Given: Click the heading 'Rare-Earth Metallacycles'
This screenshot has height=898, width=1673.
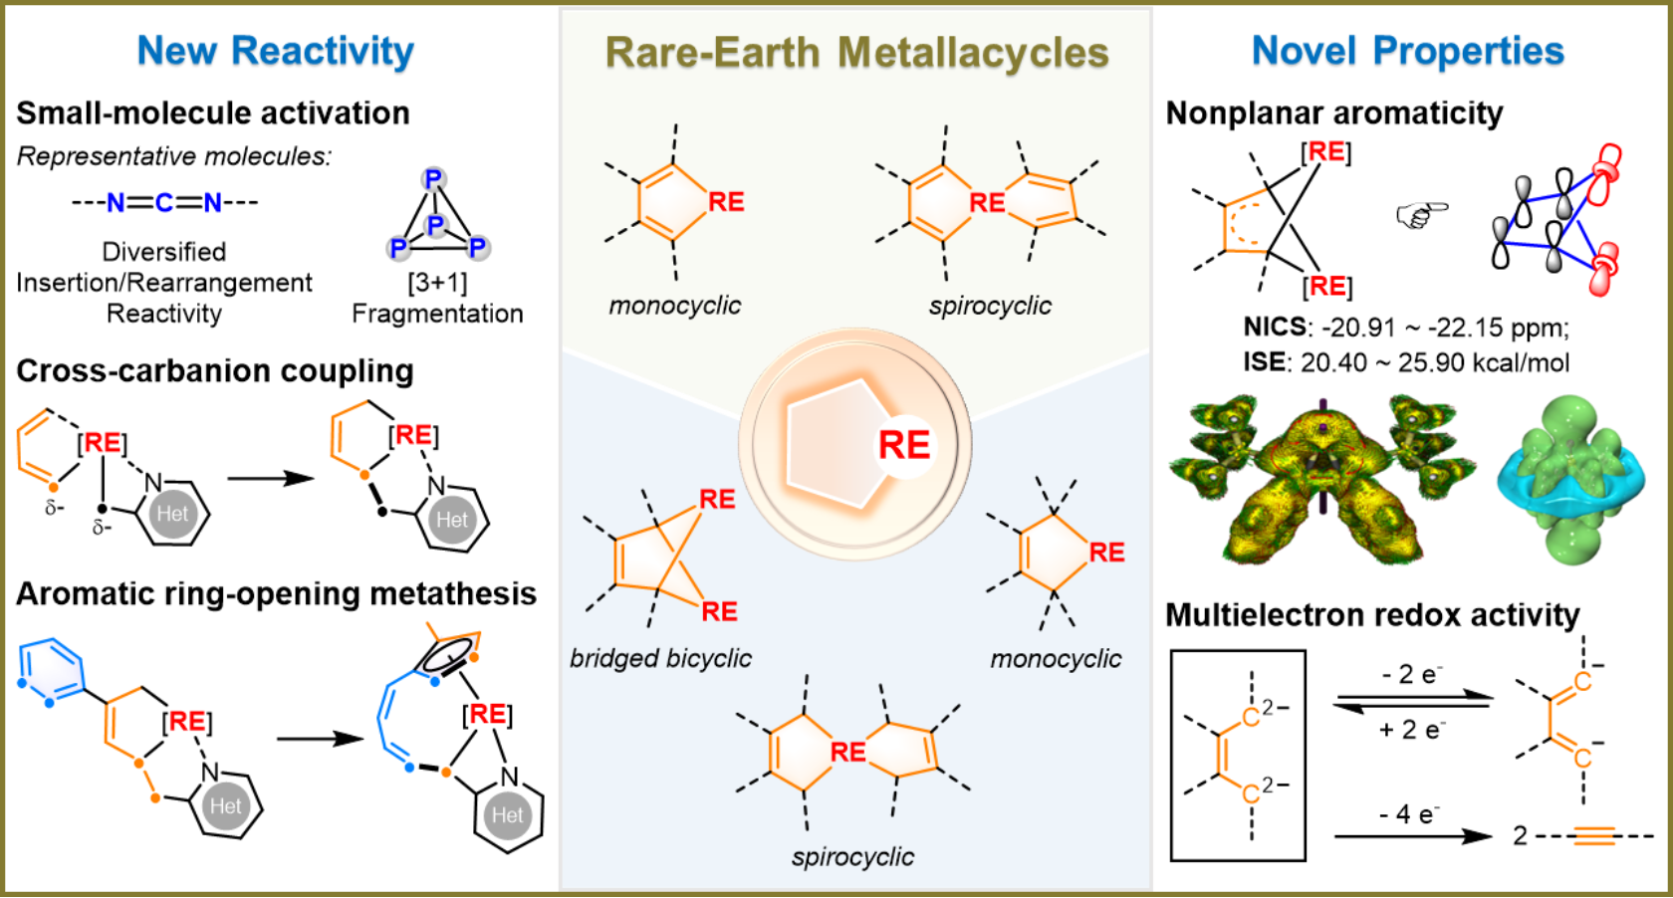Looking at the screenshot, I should pos(856,53).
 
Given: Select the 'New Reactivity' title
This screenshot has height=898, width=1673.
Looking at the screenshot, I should pos(276,53).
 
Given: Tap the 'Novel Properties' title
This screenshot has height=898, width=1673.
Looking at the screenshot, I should pos(1407,53).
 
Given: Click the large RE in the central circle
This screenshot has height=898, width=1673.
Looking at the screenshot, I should pos(904,445).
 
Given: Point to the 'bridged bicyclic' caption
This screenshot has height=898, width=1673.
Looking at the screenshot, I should pos(660,658).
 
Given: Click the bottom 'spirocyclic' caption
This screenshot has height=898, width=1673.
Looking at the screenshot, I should pos(852,857).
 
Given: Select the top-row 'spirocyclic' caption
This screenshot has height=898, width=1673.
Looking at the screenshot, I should pos(990,306).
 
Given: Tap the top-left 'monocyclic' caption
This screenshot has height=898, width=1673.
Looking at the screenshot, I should pos(675,306).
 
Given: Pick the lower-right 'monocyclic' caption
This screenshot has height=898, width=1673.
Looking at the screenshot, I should pos(1056,659).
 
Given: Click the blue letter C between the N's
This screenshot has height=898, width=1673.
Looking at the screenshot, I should pos(164,203).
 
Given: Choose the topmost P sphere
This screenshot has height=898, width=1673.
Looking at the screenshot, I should pos(433,179).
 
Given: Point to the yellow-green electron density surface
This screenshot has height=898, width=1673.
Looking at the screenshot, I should pos(1321,479).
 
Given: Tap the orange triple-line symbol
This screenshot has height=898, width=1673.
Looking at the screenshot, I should pos(1594,835).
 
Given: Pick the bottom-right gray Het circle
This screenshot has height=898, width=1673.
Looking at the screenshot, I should pos(508,815).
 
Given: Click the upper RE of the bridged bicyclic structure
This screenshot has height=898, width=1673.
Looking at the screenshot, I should pos(717,499).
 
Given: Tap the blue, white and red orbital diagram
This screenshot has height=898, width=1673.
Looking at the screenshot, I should pos(1559,220).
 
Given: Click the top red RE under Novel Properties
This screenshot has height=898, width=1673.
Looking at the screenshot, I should pos(1325,151).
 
